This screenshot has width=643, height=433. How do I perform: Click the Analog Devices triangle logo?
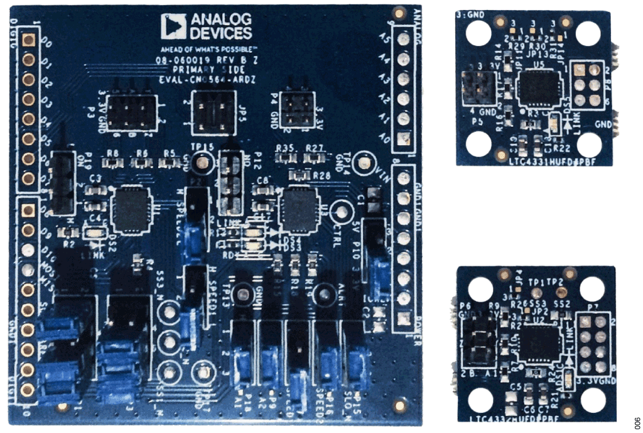coord(170,26)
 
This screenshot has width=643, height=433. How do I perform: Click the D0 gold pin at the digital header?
coord(28,41)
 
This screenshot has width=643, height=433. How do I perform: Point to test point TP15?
coord(202,163)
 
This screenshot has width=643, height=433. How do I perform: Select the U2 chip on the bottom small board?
coord(536,340)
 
